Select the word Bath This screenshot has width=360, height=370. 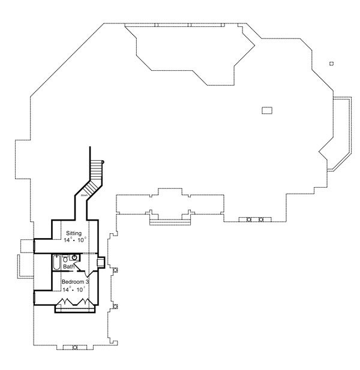(69, 266)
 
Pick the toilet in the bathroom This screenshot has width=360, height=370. (65, 258)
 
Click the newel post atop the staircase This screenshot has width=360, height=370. (103, 162)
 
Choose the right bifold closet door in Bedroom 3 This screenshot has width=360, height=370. (85, 302)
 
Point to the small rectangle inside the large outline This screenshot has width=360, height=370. (267, 110)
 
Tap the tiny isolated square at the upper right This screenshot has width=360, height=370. (331, 64)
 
